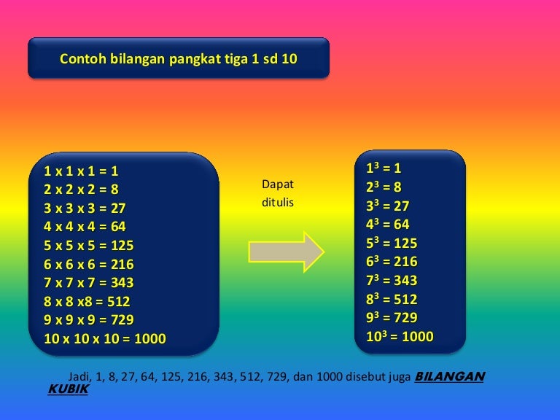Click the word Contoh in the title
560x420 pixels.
(x=83, y=58)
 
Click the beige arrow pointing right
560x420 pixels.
(x=287, y=252)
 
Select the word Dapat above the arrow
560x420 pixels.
(x=278, y=184)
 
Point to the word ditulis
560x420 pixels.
(x=278, y=202)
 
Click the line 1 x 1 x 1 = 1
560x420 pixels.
(x=81, y=171)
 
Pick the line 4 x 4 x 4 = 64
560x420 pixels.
(x=85, y=227)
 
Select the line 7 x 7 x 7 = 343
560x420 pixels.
(x=88, y=282)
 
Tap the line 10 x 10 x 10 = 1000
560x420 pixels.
(x=105, y=338)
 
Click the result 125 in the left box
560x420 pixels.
(x=122, y=245)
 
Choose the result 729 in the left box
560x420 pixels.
(x=122, y=319)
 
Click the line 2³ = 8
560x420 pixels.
(x=384, y=187)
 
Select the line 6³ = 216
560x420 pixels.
(x=392, y=261)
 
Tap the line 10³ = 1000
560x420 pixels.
(x=400, y=336)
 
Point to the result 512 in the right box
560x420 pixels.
(x=405, y=299)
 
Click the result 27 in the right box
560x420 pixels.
(x=402, y=206)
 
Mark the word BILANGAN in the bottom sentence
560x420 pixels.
(x=450, y=376)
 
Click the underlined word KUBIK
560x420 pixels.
(x=69, y=389)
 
